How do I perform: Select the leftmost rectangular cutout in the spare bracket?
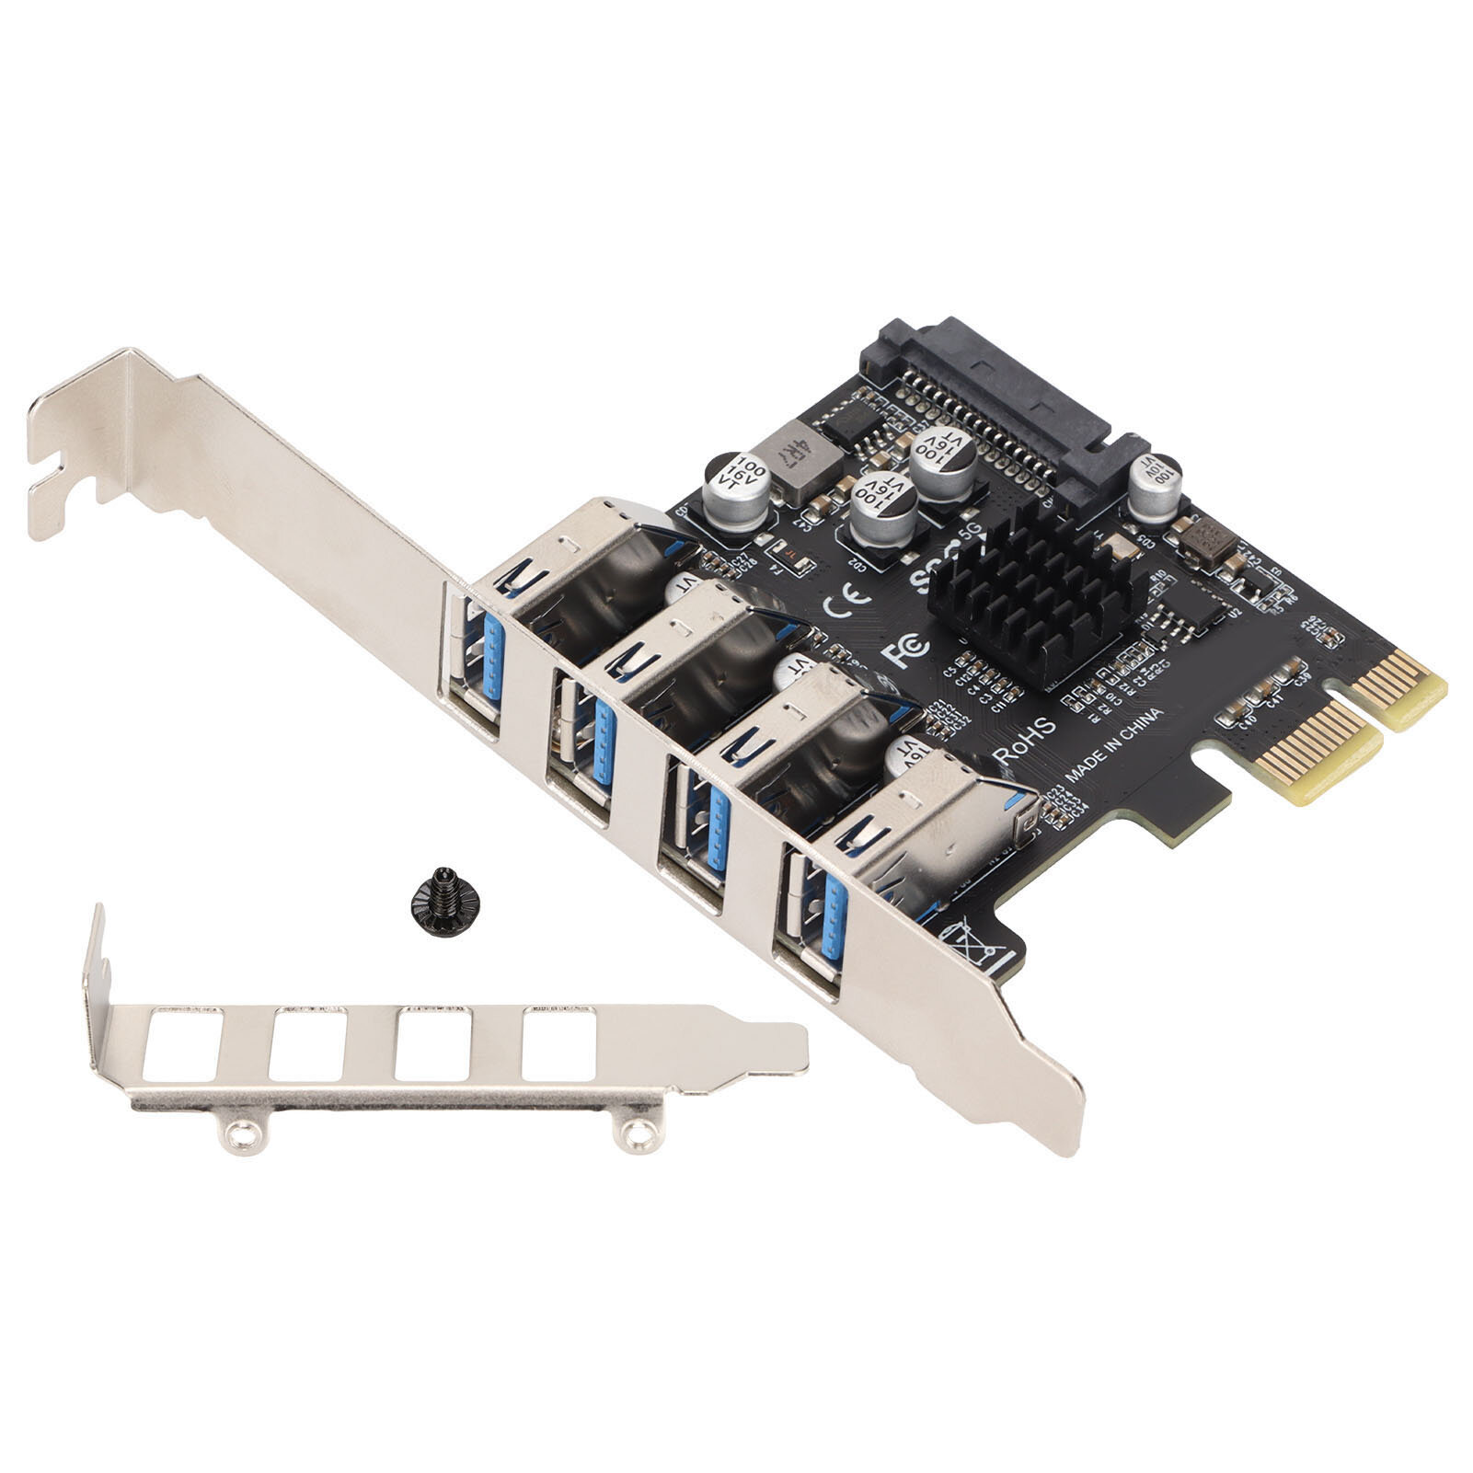185,1045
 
